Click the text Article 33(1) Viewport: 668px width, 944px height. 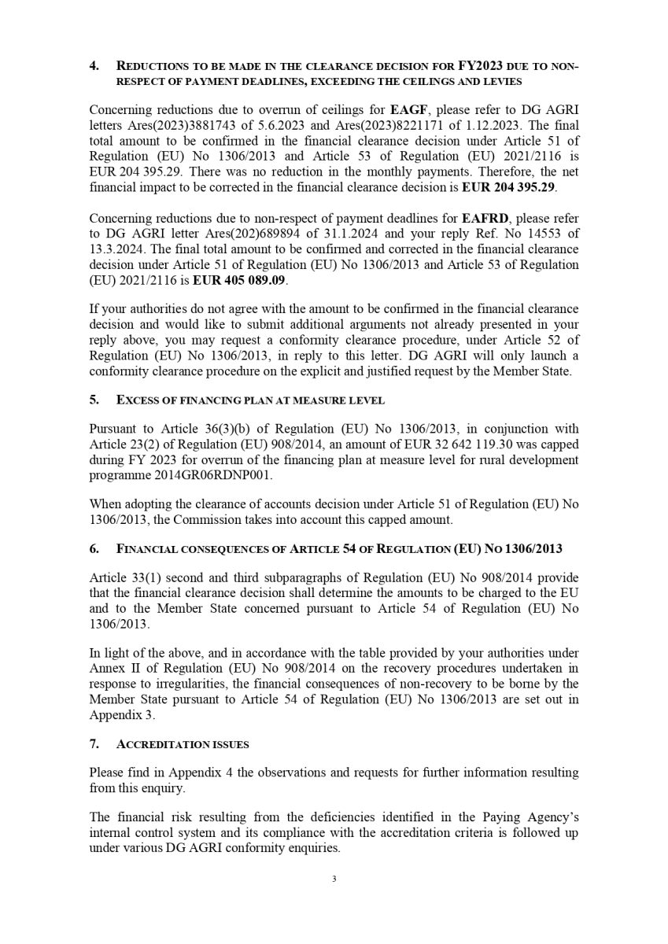(127, 577)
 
